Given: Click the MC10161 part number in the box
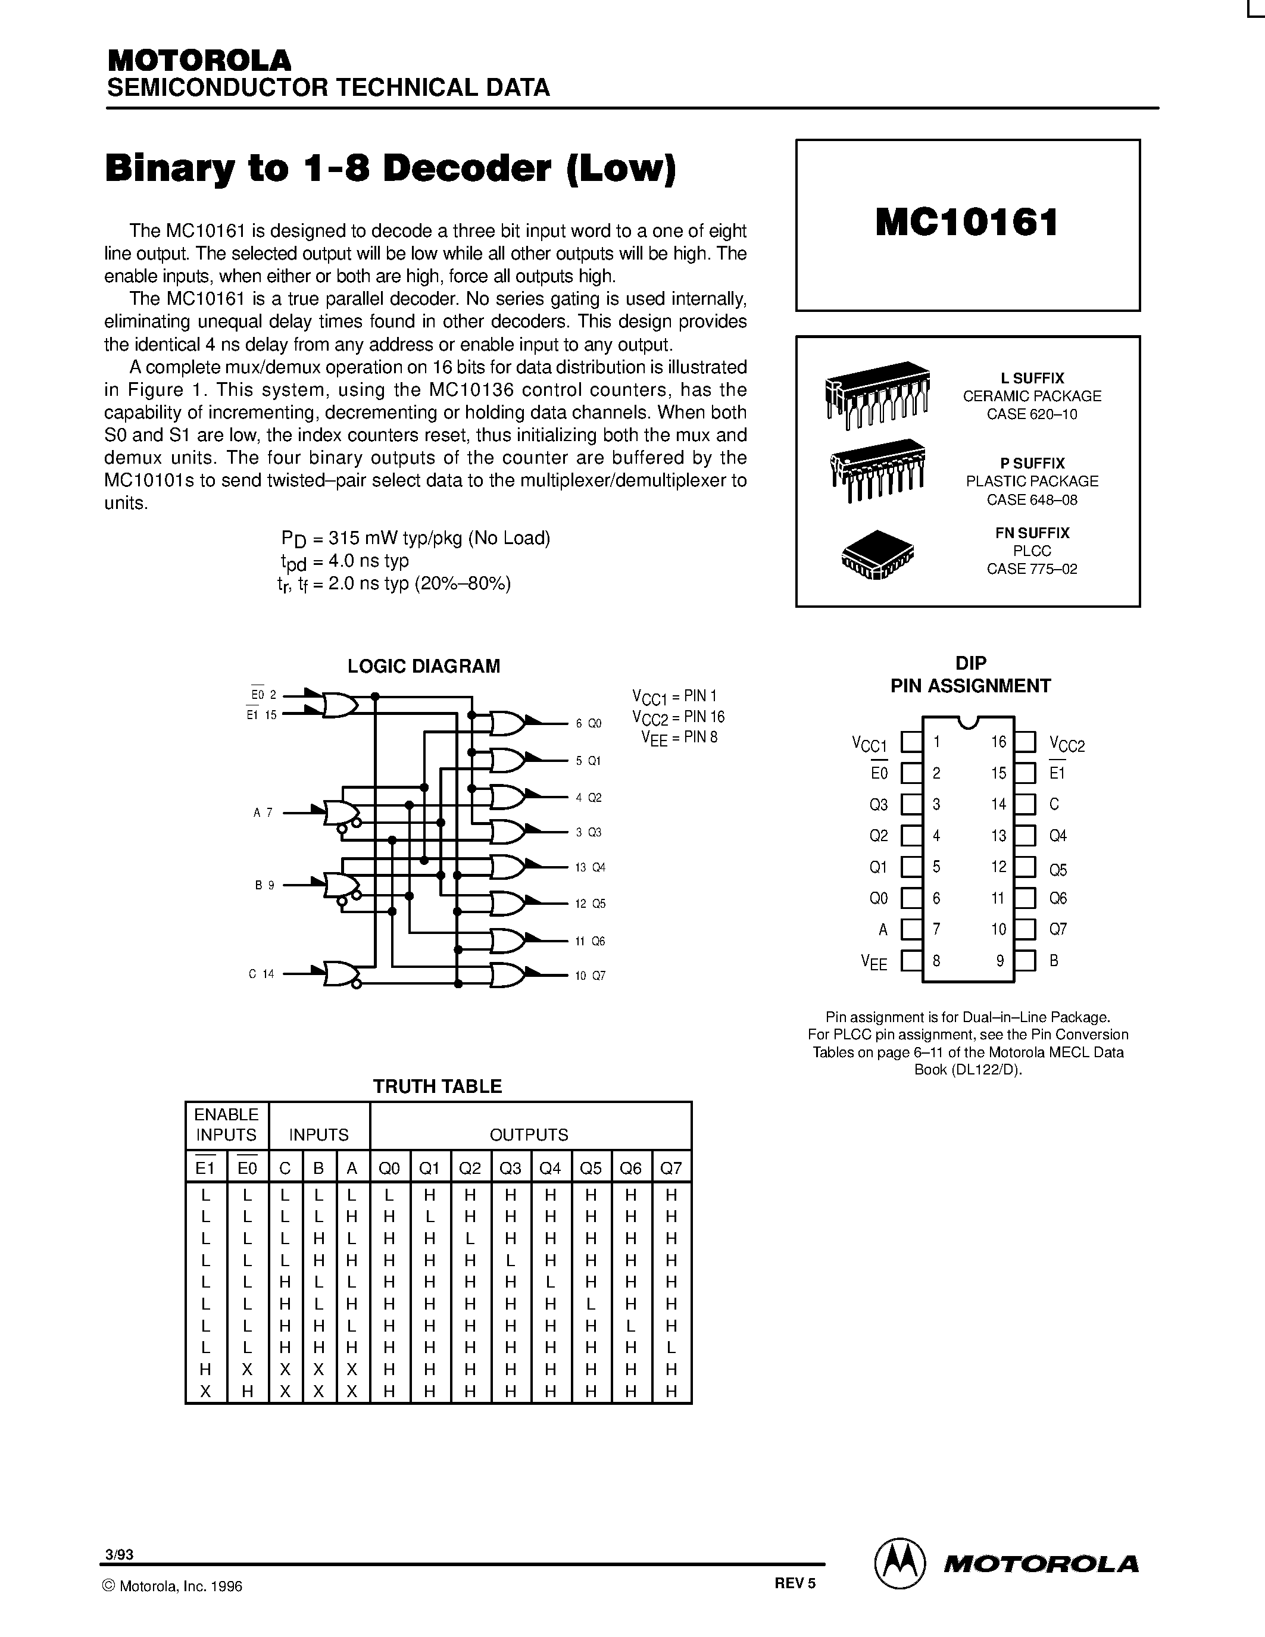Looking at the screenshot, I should click(967, 223).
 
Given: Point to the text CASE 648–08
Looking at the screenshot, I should click(1031, 499).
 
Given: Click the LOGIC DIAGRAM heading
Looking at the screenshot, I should click(423, 666).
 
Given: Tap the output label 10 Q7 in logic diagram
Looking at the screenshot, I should click(590, 975).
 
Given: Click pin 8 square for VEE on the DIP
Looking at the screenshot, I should click(911, 960).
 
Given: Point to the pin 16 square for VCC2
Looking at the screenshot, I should click(1025, 742).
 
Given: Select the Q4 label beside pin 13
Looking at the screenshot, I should click(1057, 836).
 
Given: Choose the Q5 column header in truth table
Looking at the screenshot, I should click(591, 1168).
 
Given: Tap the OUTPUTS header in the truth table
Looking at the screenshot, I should click(529, 1135).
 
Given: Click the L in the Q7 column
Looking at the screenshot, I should click(671, 1347).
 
